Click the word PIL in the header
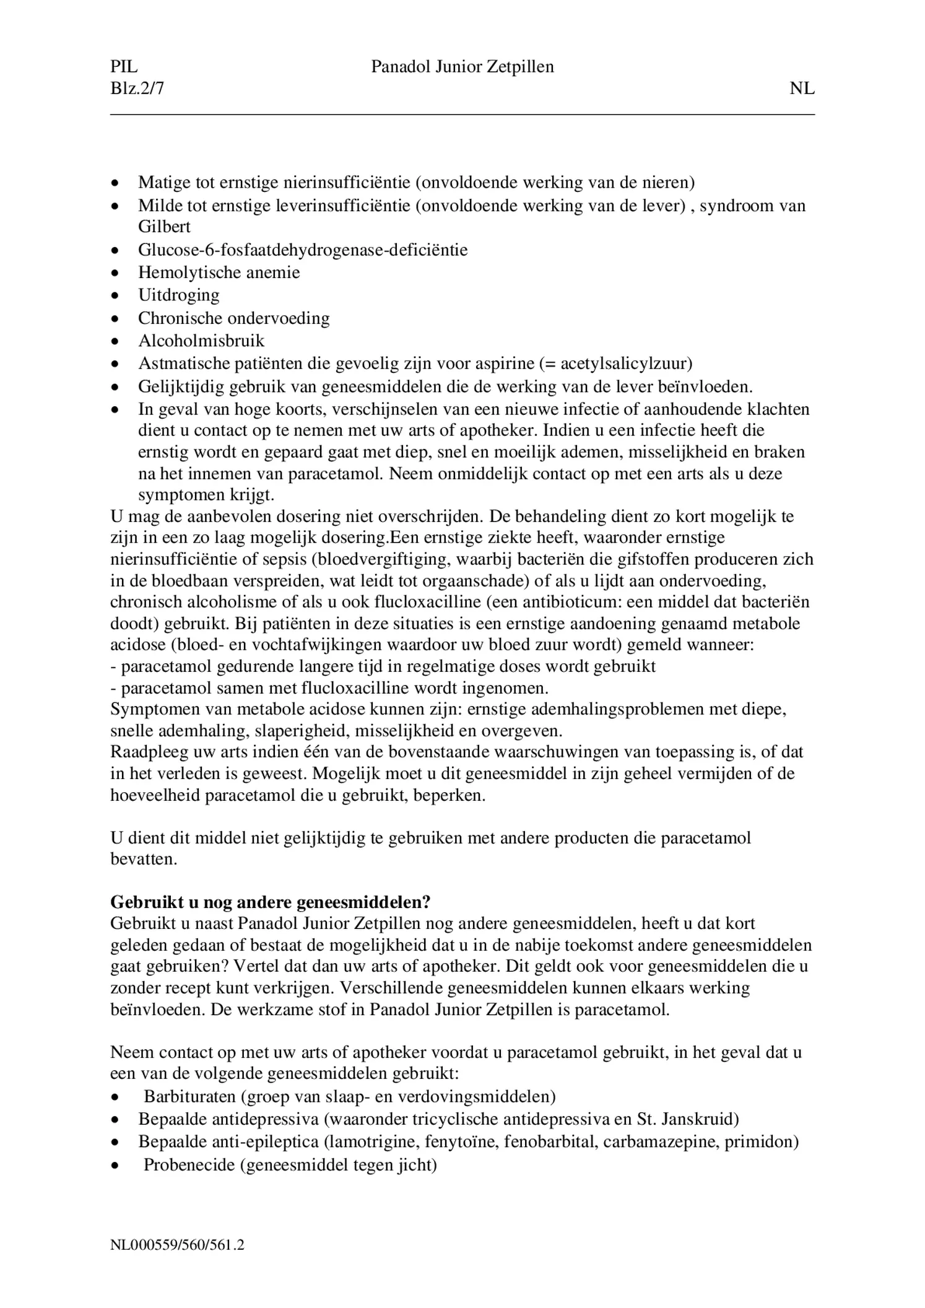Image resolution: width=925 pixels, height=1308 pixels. click(124, 67)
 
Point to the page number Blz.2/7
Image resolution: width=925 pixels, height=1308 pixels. click(137, 89)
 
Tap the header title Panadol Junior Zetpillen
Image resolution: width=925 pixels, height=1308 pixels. click(462, 67)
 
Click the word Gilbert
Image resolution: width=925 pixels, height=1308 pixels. click(164, 227)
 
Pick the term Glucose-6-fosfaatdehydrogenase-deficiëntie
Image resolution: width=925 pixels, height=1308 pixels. click(303, 250)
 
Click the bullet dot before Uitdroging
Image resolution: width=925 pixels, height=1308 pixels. click(115, 296)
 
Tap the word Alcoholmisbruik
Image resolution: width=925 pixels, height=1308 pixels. click(201, 341)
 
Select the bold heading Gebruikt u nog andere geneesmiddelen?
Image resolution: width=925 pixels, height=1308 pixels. click(271, 902)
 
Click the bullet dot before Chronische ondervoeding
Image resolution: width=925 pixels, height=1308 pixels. click(115, 319)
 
